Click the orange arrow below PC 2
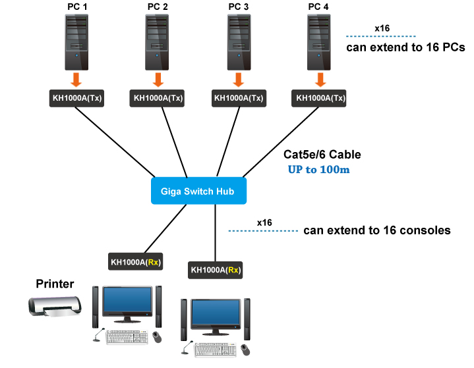(158, 80)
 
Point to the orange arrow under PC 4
(320, 80)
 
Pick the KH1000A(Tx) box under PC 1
(77, 99)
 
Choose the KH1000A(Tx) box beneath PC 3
(239, 99)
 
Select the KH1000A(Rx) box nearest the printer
(135, 261)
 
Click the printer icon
(55, 306)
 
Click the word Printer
(55, 284)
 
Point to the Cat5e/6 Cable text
(322, 155)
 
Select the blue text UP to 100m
(318, 169)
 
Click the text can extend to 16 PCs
(405, 47)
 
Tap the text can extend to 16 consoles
(376, 230)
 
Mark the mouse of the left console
(158, 336)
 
